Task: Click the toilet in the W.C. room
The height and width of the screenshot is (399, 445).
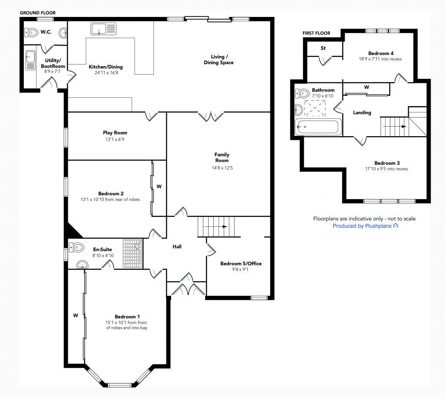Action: (x=31, y=33)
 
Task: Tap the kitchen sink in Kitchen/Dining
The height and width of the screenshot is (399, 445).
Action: (x=103, y=29)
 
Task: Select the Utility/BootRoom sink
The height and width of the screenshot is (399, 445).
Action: (x=30, y=60)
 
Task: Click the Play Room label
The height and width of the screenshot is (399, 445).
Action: (x=115, y=133)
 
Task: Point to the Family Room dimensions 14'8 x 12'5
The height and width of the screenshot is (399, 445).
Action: (x=222, y=168)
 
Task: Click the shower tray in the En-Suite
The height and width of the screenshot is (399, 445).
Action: (x=133, y=254)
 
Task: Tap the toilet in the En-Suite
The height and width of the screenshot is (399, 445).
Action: (x=76, y=247)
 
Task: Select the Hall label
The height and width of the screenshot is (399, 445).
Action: (x=177, y=247)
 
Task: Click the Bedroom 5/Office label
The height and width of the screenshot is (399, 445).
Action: (x=241, y=264)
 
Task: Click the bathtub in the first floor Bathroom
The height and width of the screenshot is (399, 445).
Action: (x=318, y=127)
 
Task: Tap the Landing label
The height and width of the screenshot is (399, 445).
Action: (x=362, y=112)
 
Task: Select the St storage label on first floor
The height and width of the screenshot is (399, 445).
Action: (x=323, y=48)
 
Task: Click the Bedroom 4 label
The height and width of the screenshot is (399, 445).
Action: (x=381, y=53)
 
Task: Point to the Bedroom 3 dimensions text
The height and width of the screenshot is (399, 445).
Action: (x=386, y=169)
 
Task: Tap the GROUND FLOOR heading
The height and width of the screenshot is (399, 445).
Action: (x=38, y=13)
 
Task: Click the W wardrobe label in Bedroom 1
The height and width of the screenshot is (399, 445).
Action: (x=76, y=315)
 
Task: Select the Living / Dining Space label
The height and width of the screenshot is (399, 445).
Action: (x=219, y=59)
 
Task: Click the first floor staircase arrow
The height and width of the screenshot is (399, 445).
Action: (x=395, y=127)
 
